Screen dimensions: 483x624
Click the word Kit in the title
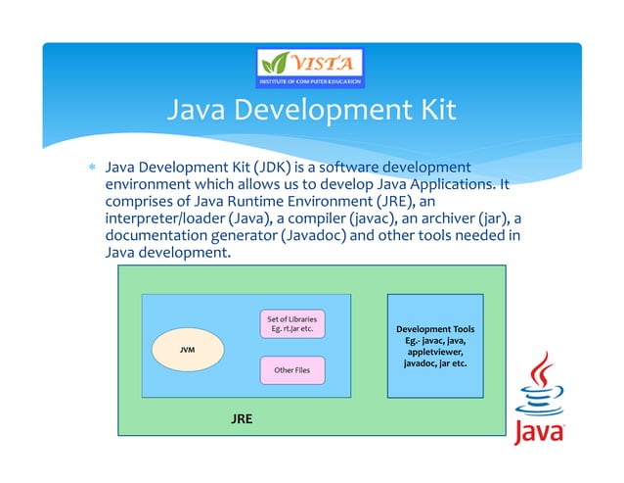click(431, 109)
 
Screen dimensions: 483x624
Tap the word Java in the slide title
click(197, 109)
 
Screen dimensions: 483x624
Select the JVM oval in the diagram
click(187, 349)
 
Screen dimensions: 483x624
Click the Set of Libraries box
click(291, 324)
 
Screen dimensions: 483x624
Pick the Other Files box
click(291, 370)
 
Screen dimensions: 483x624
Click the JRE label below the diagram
click(242, 418)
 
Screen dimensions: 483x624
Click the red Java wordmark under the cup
click(539, 432)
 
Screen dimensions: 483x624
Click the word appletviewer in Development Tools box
click(435, 352)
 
